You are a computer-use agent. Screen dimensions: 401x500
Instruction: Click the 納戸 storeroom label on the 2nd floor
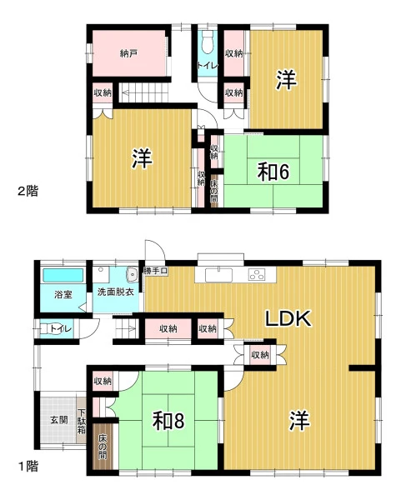(x=129, y=53)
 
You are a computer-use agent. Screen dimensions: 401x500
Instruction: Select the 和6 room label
(x=273, y=172)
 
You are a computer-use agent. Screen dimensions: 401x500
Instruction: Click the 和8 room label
(x=168, y=421)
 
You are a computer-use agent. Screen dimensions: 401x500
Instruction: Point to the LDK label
(x=288, y=318)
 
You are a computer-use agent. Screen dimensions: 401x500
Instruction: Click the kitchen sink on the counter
(x=220, y=275)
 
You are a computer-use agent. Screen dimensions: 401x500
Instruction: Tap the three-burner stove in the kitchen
(x=257, y=274)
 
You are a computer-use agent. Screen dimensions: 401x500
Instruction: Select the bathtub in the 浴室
(x=63, y=275)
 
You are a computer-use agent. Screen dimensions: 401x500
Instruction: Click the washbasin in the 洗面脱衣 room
(x=132, y=274)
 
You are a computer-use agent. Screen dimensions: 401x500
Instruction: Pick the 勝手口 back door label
(x=156, y=272)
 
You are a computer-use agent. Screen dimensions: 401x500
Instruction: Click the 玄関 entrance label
(x=59, y=420)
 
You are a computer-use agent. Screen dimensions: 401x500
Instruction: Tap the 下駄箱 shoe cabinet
(x=82, y=421)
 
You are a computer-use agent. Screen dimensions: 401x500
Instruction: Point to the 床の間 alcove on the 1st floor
(x=103, y=447)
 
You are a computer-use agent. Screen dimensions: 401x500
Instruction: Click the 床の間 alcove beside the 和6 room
(x=214, y=191)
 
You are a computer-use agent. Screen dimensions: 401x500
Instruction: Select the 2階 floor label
(x=28, y=191)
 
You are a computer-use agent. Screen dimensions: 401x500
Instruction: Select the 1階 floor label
(x=28, y=467)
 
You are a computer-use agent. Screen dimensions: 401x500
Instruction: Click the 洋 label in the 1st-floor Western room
(x=299, y=421)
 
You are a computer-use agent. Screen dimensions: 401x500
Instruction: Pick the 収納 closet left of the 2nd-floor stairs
(x=103, y=92)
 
